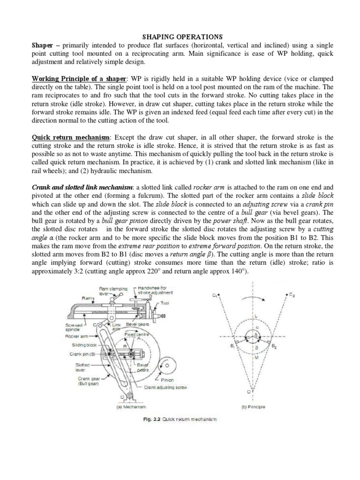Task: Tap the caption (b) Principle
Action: pyautogui.click(x=253, y=406)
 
